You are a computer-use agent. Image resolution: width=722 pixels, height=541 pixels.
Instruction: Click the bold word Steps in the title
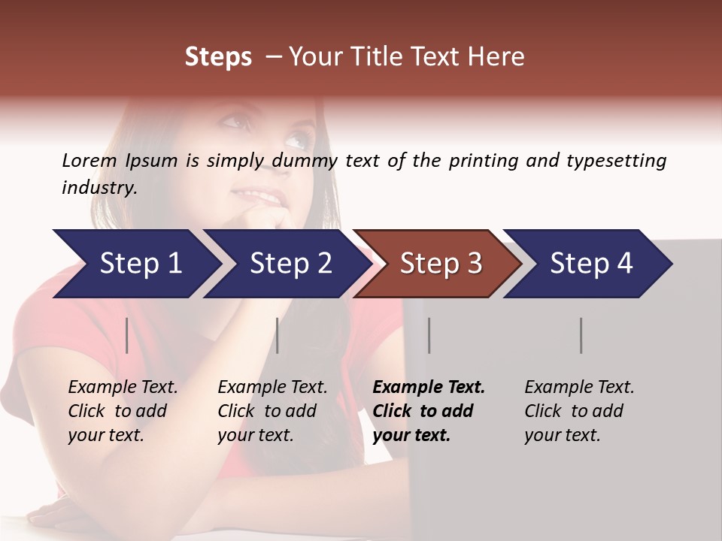[218, 57]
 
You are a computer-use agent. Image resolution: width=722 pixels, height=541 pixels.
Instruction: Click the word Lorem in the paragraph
[89, 160]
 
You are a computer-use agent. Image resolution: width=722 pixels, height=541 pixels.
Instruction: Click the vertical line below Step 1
[126, 335]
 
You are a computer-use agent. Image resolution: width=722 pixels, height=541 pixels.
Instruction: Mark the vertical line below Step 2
[278, 335]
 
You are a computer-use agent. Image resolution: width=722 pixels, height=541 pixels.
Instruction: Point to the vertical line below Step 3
[429, 335]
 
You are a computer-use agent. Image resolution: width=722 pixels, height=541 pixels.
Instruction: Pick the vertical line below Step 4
[581, 335]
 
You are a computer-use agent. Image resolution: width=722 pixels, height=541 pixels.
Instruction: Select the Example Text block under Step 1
[123, 411]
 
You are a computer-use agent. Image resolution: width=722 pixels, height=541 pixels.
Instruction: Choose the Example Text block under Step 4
[579, 411]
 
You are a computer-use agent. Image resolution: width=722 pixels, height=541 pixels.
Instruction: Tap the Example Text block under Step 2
[272, 411]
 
